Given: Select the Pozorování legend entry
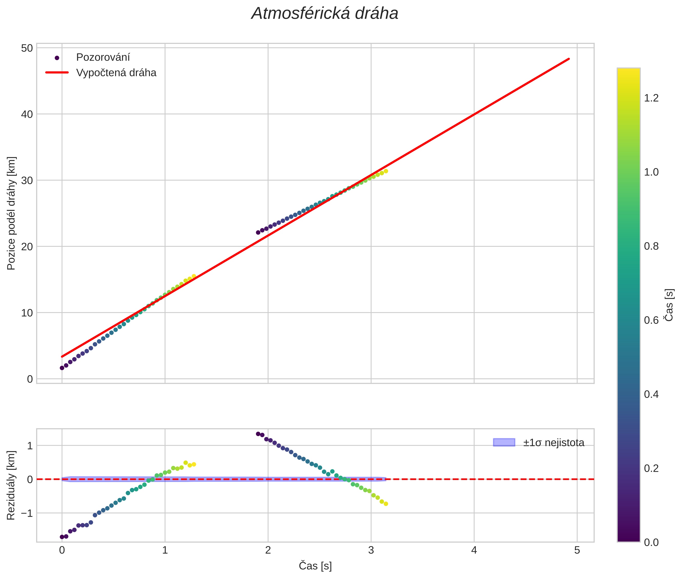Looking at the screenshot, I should (103, 57).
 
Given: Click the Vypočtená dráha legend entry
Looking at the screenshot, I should (116, 73).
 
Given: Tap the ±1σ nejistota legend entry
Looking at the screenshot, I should (553, 443).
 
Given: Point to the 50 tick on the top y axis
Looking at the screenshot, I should (27, 48).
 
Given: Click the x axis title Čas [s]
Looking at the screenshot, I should (315, 566).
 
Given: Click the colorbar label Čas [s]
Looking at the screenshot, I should (669, 305).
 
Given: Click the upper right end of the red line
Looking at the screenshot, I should (569, 59).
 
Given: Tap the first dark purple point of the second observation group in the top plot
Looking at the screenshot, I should (258, 232).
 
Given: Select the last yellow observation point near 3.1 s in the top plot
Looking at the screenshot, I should (386, 171).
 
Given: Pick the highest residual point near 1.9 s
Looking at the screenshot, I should (258, 434).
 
